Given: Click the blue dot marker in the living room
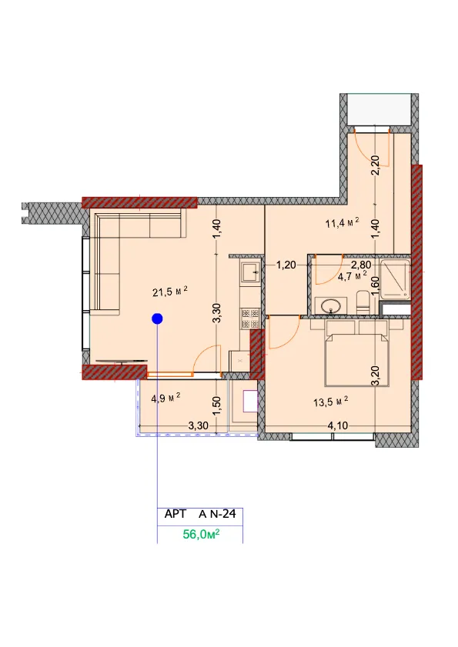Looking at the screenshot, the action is [x=157, y=318].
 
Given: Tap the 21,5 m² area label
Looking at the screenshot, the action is [x=170, y=292].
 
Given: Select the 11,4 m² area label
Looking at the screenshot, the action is [x=343, y=223].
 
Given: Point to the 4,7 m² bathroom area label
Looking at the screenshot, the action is [x=353, y=276].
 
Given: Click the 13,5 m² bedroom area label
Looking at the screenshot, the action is [x=331, y=401].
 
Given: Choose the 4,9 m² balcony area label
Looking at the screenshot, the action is [x=165, y=399].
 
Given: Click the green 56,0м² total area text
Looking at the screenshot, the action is [x=201, y=535].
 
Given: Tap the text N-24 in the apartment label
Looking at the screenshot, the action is [x=223, y=514].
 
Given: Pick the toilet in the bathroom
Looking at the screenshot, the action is [x=363, y=302].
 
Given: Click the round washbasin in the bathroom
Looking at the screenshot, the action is [x=331, y=306].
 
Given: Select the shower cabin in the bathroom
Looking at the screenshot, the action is [x=395, y=279].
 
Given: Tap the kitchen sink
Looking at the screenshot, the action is [x=250, y=273].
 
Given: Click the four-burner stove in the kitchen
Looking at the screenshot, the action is [x=250, y=318].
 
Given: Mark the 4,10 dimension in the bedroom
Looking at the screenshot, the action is [x=337, y=425].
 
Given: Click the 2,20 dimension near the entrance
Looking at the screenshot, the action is [x=376, y=165].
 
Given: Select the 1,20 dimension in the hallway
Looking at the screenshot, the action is [x=286, y=265].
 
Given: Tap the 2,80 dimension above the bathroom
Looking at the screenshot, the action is [x=361, y=265].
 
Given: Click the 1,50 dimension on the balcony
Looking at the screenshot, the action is [x=217, y=406].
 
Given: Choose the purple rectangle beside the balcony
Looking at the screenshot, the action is [x=250, y=401].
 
